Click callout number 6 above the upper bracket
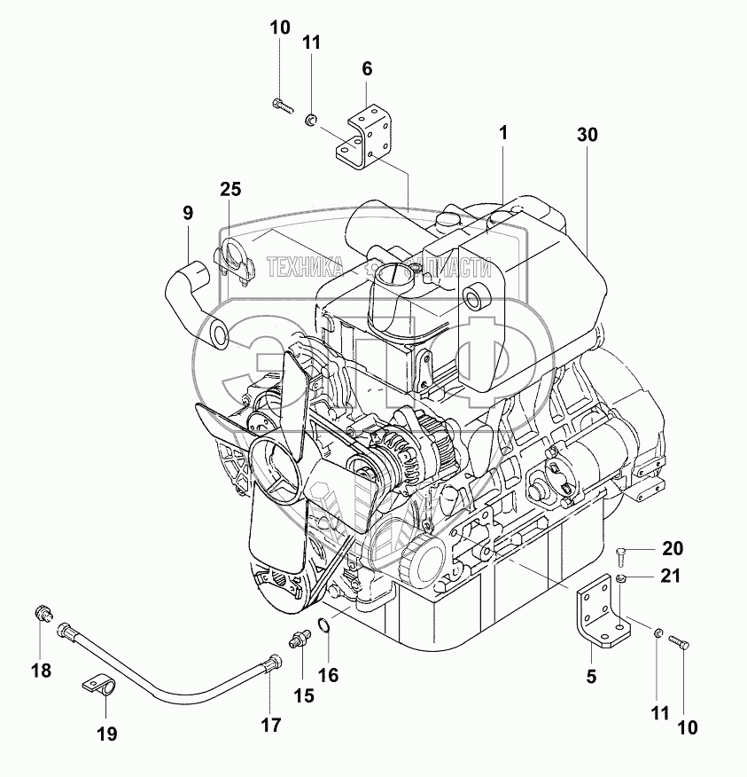tap(367, 68)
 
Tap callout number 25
tap(231, 189)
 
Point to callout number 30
tap(587, 135)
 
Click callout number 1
tap(502, 133)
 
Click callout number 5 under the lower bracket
tap(591, 676)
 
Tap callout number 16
tap(328, 675)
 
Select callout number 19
tap(106, 734)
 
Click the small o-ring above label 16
tap(325, 628)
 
